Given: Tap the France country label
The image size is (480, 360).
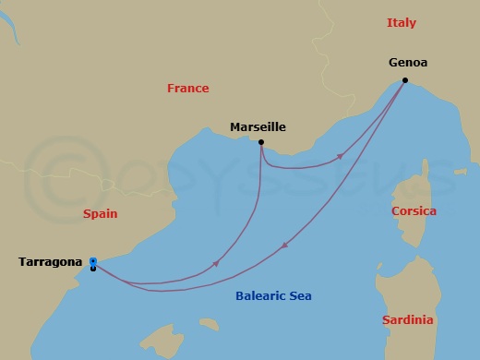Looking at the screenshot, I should [187, 89].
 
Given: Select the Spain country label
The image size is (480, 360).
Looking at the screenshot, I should [100, 213].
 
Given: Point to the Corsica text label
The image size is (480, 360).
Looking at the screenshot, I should [414, 210].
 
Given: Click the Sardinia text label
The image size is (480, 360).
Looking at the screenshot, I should [407, 320].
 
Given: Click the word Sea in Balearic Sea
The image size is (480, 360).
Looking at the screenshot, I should [299, 296].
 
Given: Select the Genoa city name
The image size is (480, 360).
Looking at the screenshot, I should [409, 64].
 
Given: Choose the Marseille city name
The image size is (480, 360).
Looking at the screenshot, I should [258, 127].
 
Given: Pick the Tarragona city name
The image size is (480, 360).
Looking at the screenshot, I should [50, 262].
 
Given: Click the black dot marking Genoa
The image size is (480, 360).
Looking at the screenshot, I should [405, 80].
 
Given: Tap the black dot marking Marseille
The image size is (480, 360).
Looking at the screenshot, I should [261, 142].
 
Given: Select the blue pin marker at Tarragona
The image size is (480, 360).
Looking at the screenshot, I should [93, 261].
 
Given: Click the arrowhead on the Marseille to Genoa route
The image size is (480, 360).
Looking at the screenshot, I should [340, 157].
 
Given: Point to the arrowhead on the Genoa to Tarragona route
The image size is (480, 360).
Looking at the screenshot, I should [282, 246].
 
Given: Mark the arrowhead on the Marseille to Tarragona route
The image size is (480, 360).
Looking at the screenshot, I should [216, 263].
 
